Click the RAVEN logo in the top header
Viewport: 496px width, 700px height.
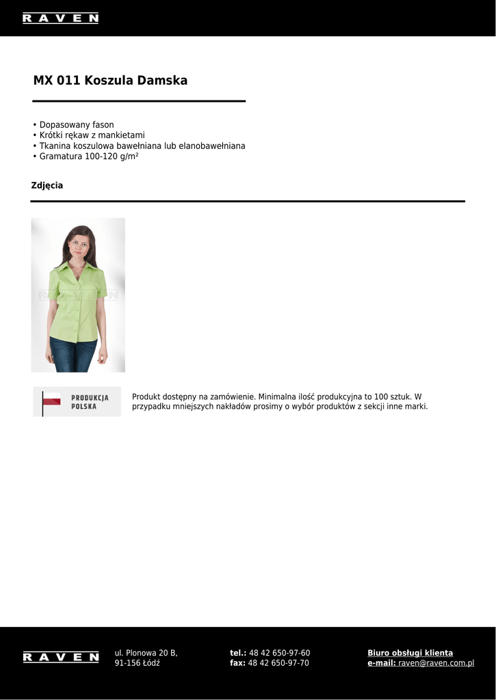tap(60, 18)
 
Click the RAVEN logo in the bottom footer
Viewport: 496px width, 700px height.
tap(60, 657)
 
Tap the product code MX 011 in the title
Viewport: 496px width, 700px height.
tap(57, 81)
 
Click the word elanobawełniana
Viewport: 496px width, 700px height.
tap(212, 146)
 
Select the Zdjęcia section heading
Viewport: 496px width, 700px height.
tap(47, 185)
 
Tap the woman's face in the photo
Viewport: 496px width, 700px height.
tap(79, 247)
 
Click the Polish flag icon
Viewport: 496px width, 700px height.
tap(52, 399)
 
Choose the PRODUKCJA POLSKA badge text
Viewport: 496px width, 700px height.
tap(90, 402)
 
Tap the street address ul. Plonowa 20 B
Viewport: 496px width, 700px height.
tap(146, 653)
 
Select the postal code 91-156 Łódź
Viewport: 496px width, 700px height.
tap(137, 663)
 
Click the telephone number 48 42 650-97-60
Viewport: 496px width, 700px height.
tap(279, 653)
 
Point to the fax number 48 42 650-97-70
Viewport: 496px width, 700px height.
tap(278, 663)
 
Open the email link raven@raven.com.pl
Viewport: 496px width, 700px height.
tap(436, 663)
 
